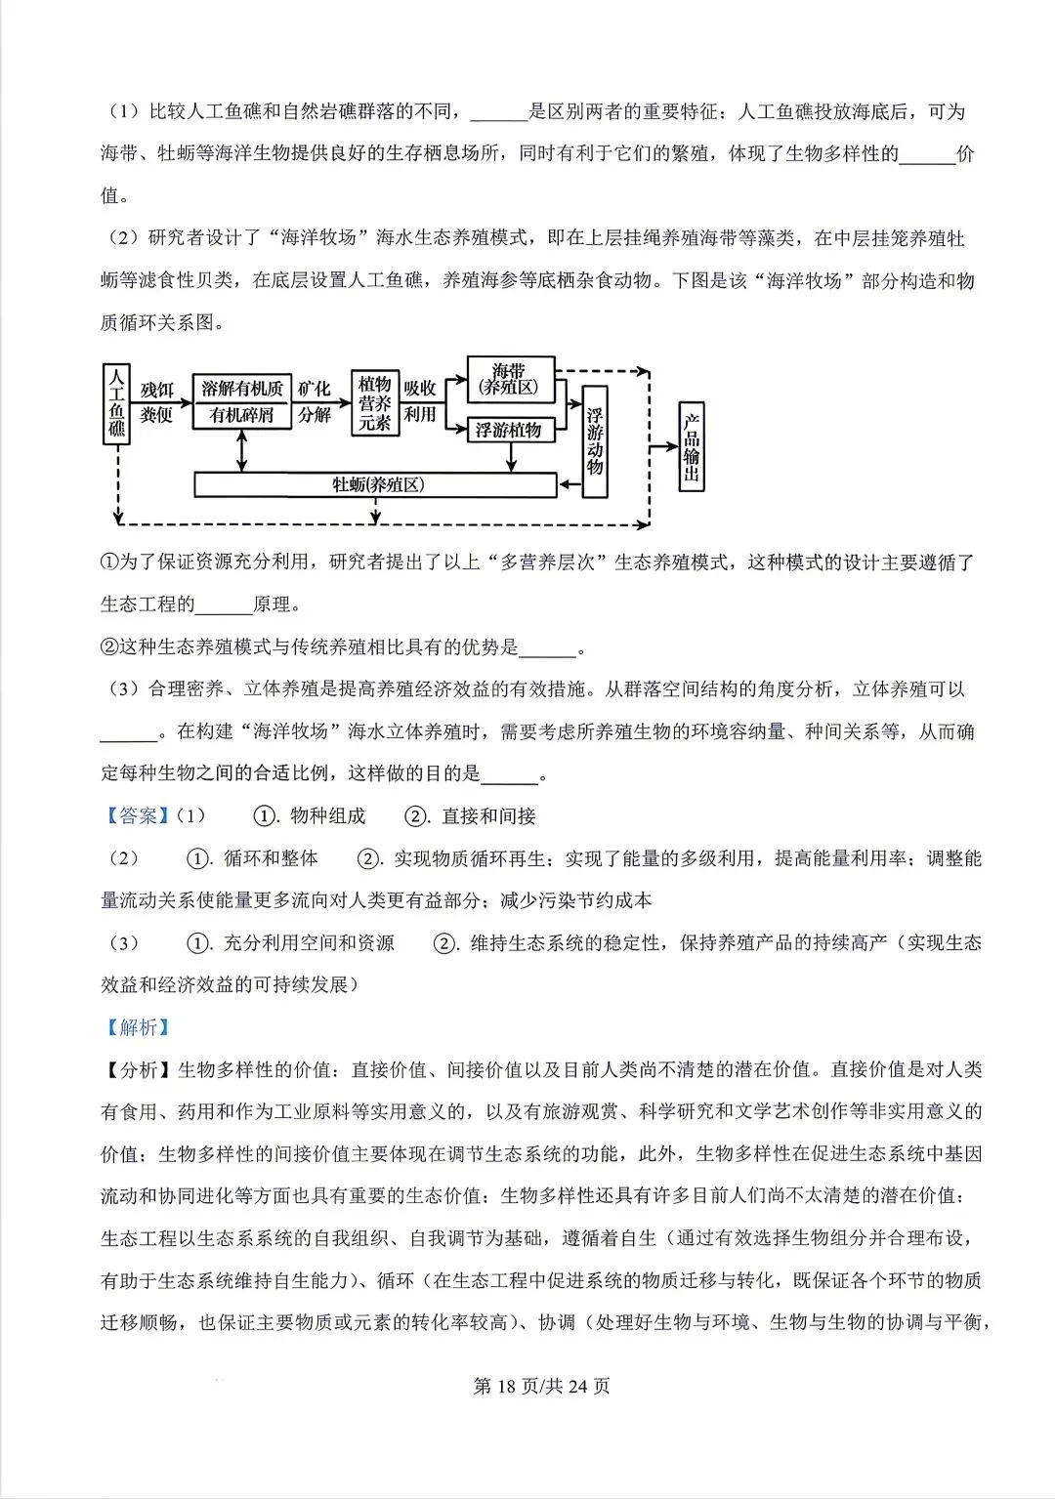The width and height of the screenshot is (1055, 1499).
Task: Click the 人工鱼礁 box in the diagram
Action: (116, 404)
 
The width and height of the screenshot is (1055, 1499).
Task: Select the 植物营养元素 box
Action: (375, 402)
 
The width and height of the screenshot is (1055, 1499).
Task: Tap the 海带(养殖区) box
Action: (510, 379)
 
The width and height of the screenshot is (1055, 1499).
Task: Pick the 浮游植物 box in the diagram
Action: (510, 430)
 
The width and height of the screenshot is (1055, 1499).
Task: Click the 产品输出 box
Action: (692, 446)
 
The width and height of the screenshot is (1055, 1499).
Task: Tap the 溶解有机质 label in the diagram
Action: (241, 388)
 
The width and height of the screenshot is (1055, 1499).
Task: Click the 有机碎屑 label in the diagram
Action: (241, 415)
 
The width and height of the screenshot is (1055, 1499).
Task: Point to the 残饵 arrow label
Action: (157, 390)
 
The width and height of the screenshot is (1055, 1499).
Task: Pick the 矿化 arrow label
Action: (315, 389)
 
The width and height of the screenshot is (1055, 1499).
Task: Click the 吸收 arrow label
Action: (420, 389)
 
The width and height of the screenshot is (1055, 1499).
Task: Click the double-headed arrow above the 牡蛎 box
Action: (241, 451)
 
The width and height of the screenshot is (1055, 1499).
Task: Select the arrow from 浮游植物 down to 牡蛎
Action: (511, 457)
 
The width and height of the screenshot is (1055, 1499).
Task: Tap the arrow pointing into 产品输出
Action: (664, 446)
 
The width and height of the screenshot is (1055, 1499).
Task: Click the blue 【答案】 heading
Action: (138, 815)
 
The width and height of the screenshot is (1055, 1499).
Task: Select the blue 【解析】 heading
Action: (138, 1027)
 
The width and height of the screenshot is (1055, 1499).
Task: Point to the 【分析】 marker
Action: (138, 1069)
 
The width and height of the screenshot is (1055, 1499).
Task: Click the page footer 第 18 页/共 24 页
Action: (541, 1386)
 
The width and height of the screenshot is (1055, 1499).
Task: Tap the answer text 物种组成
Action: (328, 815)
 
